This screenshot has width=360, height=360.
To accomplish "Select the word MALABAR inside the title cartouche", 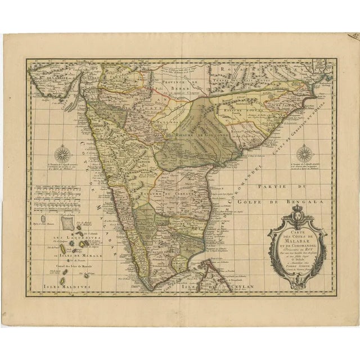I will click(x=296, y=242).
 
